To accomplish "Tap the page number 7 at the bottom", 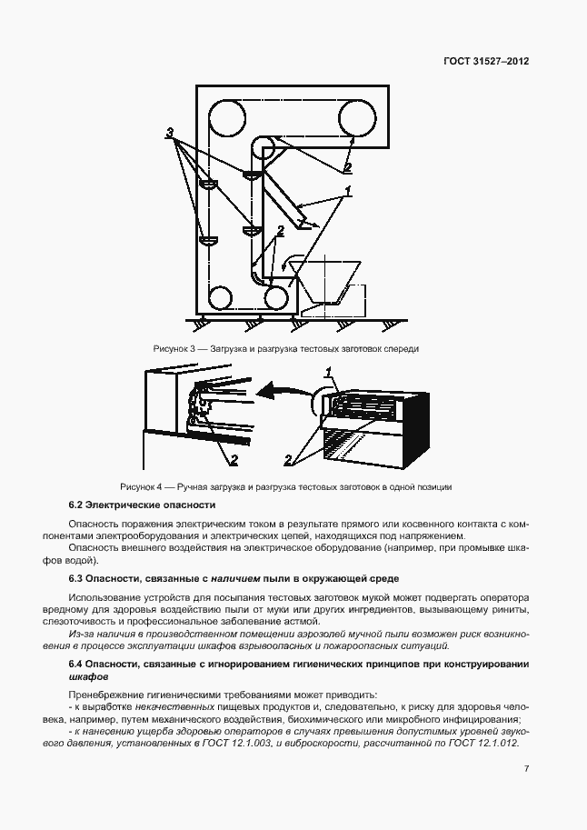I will [x=526, y=768].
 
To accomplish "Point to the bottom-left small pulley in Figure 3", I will [x=219, y=297].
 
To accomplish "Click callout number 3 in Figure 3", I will [x=170, y=134].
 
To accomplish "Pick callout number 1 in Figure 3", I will [x=346, y=191].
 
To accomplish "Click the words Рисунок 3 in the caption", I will [x=174, y=349].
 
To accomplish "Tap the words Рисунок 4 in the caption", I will [x=140, y=486].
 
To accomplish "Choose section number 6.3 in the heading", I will [x=78, y=577].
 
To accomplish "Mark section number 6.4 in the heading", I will [x=78, y=665].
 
